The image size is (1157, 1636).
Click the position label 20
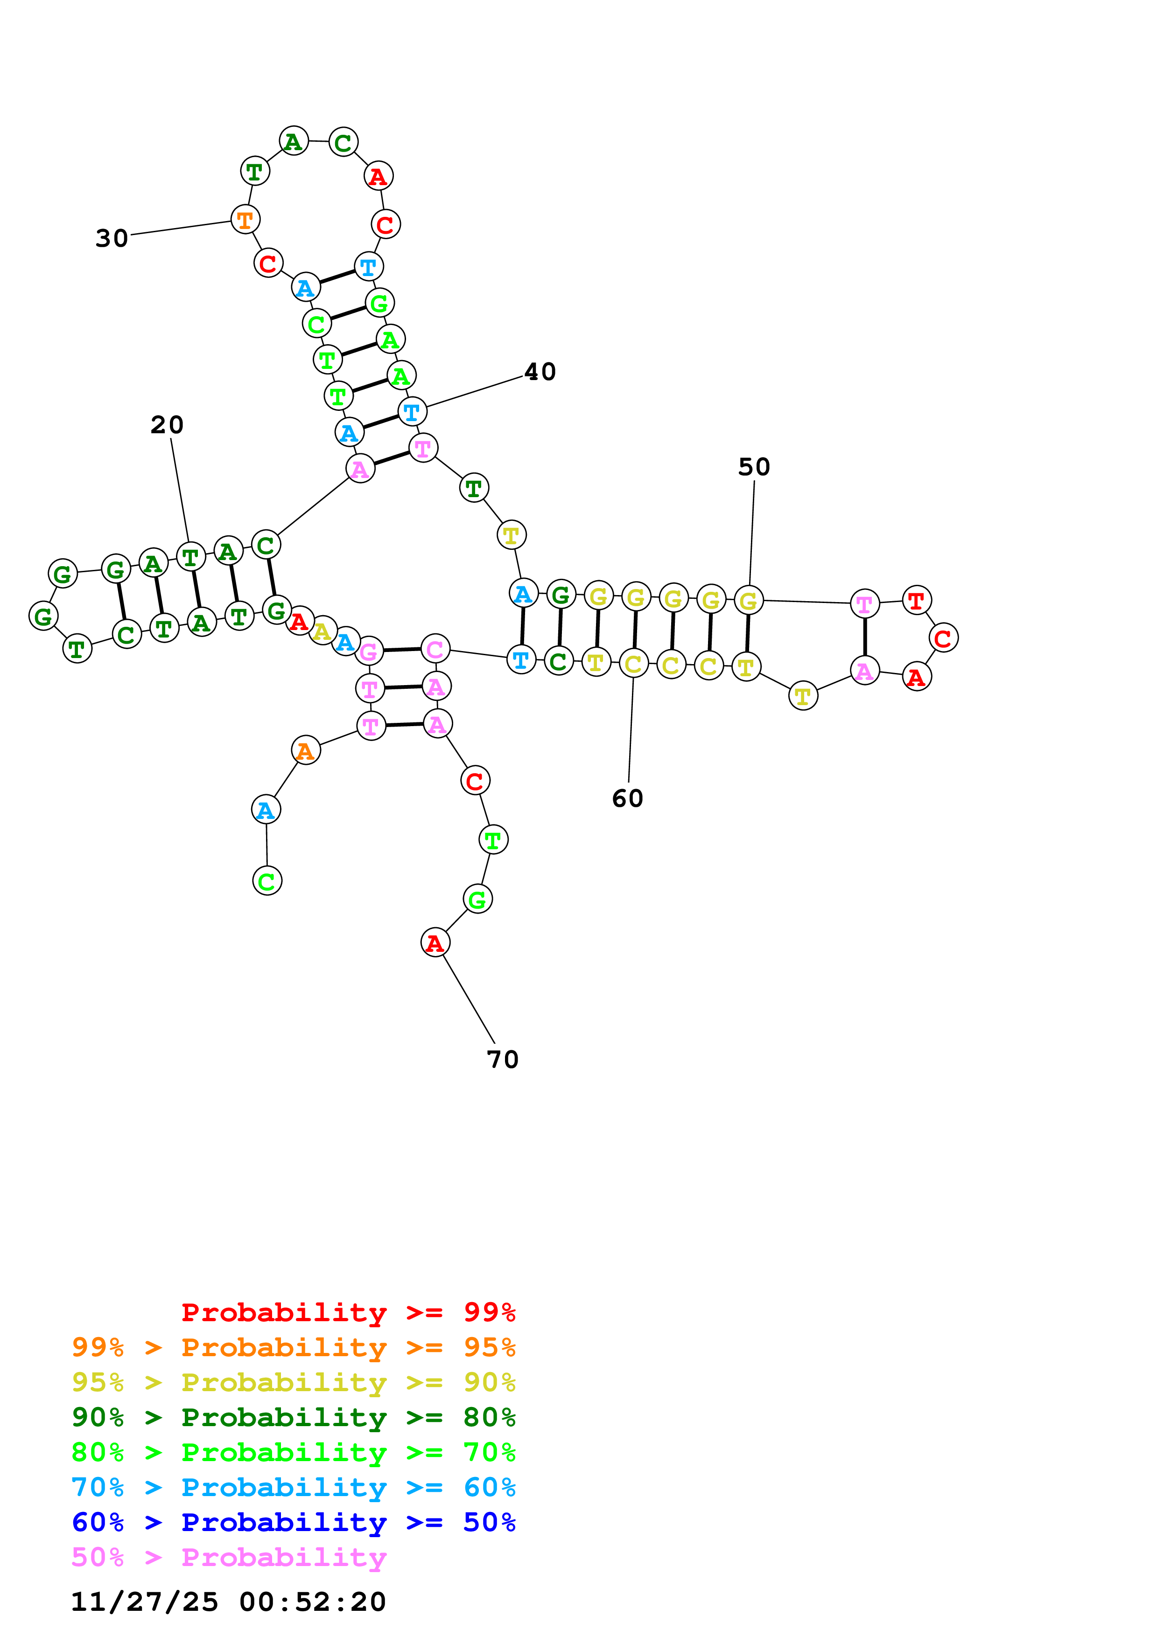tap(167, 425)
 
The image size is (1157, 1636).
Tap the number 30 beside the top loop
tap(112, 238)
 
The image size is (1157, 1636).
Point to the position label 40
tap(540, 371)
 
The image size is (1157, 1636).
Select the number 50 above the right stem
tap(753, 467)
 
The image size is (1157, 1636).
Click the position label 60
tap(627, 798)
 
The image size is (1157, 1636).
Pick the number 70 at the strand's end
tap(503, 1059)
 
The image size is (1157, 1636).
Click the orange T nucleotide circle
tap(245, 220)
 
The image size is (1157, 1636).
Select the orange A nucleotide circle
tap(306, 750)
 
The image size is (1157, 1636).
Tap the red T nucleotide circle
tap(916, 600)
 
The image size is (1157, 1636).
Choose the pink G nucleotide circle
tap(369, 651)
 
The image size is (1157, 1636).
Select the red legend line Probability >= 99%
tap(348, 1312)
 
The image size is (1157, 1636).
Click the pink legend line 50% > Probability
tap(229, 1557)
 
